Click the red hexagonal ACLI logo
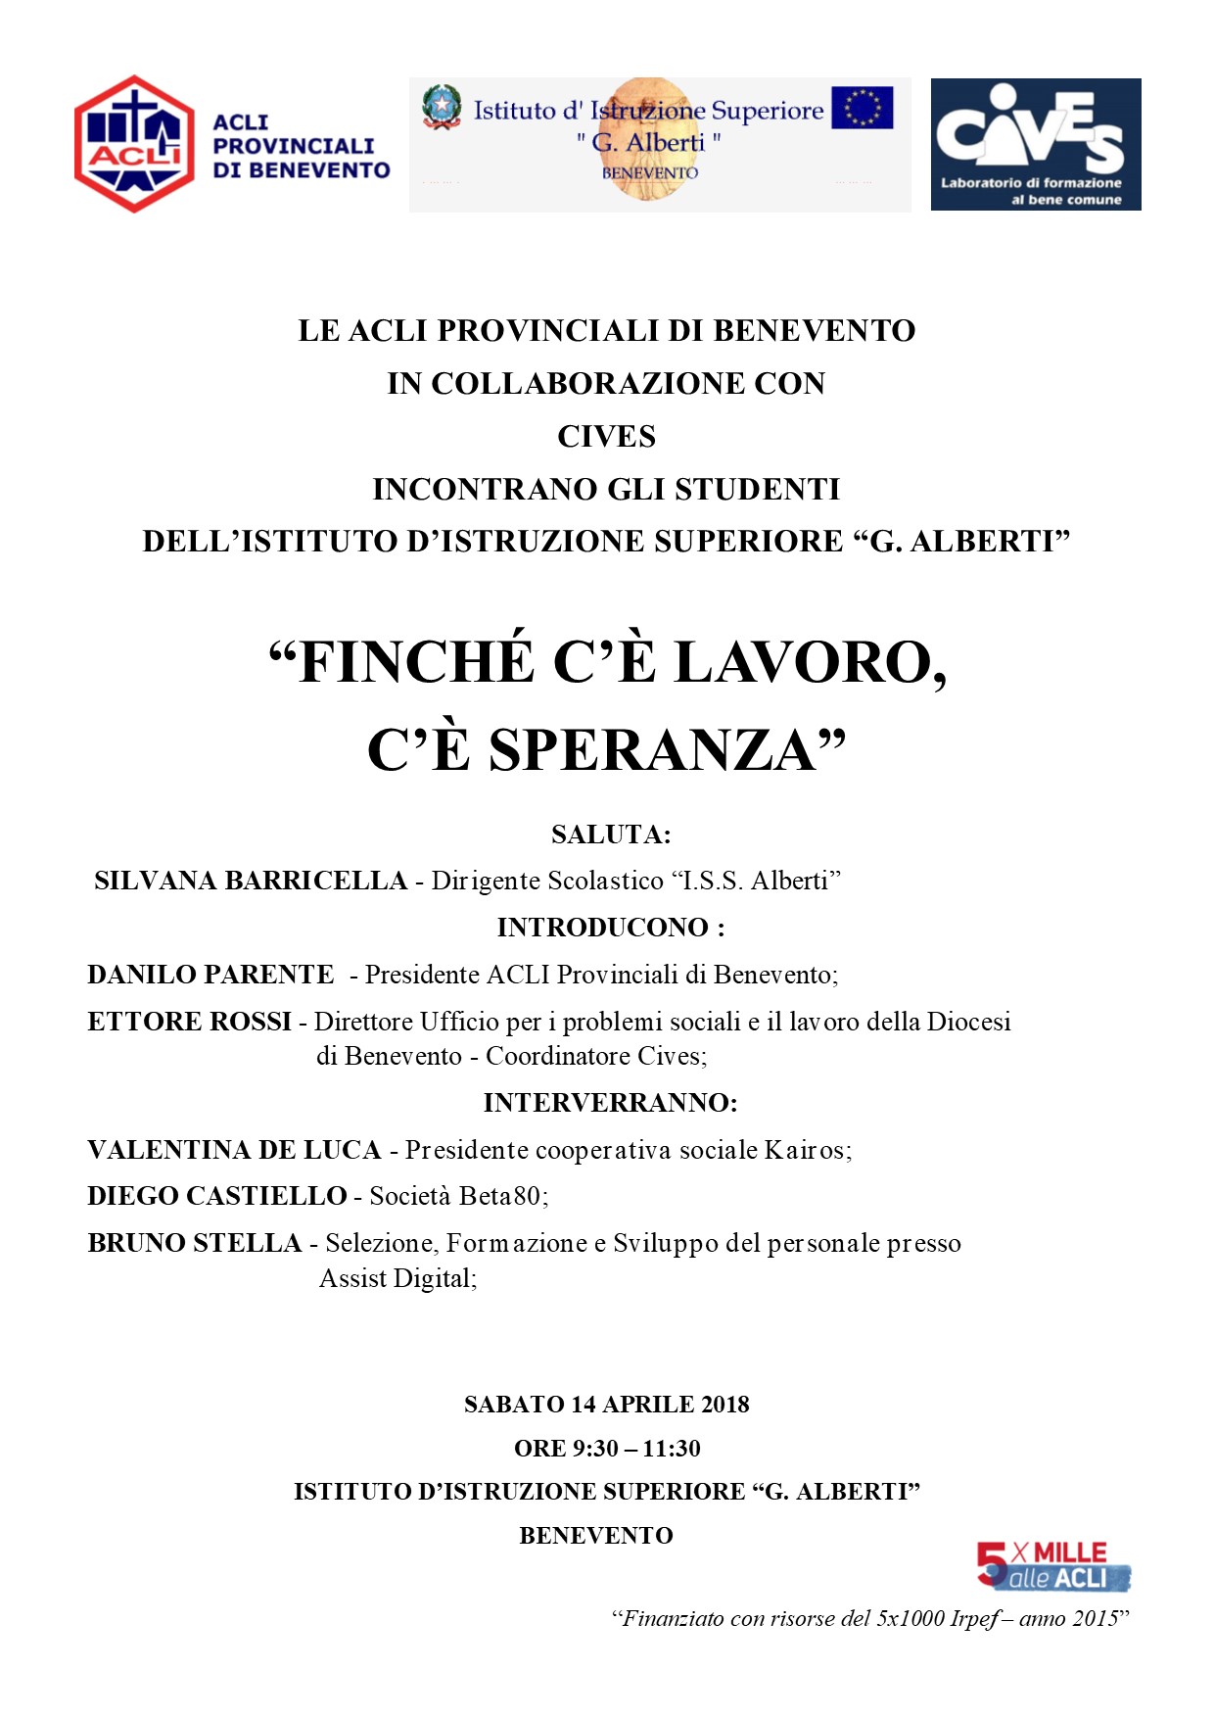(x=134, y=144)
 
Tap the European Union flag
(x=862, y=108)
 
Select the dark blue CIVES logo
(x=1035, y=144)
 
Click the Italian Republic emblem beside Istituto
(x=442, y=107)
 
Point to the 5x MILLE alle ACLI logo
(x=1052, y=1565)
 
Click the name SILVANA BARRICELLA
(x=251, y=881)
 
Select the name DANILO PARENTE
(x=210, y=975)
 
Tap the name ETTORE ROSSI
(x=189, y=1022)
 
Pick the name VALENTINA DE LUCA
(x=234, y=1150)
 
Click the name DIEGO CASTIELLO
(x=217, y=1196)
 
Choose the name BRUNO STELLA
(x=194, y=1243)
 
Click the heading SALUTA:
(x=611, y=835)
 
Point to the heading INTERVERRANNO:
(x=610, y=1103)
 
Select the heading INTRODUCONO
(x=603, y=928)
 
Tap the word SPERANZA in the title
(x=652, y=750)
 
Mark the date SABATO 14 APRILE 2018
(x=607, y=1405)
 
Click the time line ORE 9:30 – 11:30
(x=607, y=1448)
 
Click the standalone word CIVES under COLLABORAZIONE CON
(x=607, y=436)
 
